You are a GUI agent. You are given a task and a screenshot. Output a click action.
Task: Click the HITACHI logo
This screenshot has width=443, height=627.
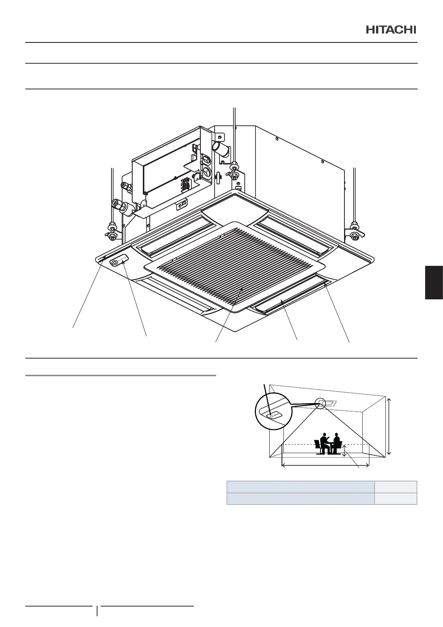pyautogui.click(x=391, y=30)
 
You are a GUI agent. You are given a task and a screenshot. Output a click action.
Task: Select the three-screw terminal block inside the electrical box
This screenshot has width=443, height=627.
pyautogui.click(x=185, y=185)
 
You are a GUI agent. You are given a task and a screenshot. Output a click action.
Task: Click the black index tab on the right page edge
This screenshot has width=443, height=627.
pyautogui.click(x=434, y=282)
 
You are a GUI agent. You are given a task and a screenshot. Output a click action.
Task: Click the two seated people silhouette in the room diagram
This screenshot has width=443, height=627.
pyautogui.click(x=328, y=443)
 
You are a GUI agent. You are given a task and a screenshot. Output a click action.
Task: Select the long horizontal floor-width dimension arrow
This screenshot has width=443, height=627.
pyautogui.click(x=325, y=465)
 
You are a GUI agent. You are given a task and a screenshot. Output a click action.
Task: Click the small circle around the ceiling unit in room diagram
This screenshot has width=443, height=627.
pyautogui.click(x=320, y=402)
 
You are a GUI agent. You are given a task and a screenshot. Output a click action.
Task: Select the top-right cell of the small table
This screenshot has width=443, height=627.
pyautogui.click(x=395, y=487)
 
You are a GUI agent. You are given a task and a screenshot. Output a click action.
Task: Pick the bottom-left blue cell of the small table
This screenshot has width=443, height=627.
pyautogui.click(x=301, y=499)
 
